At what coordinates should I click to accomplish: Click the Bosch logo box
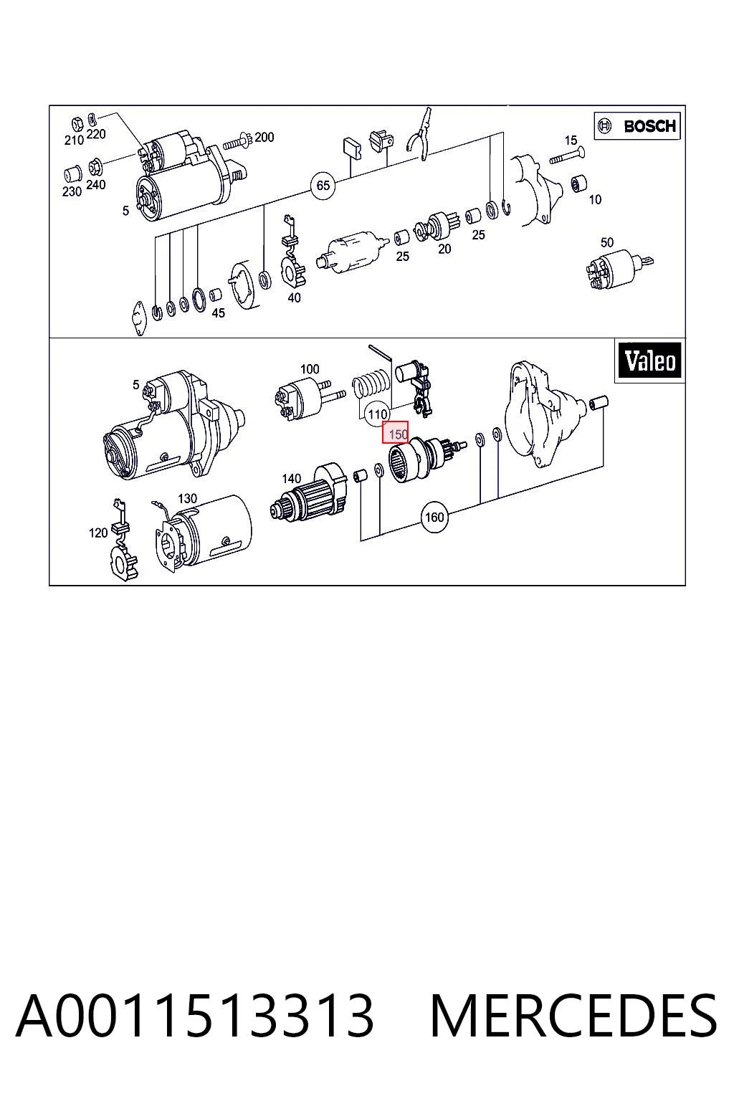pyautogui.click(x=637, y=126)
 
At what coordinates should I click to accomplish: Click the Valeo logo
pyautogui.click(x=650, y=361)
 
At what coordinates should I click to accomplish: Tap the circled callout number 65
pyautogui.click(x=323, y=186)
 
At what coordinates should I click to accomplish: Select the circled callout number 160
pyautogui.click(x=434, y=517)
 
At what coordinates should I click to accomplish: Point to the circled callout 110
pyautogui.click(x=377, y=414)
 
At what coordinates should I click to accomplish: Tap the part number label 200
pyautogui.click(x=264, y=137)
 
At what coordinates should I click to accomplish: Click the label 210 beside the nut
pyautogui.click(x=74, y=140)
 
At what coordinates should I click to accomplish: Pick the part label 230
pyautogui.click(x=72, y=191)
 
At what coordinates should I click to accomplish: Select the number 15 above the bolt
pyautogui.click(x=571, y=140)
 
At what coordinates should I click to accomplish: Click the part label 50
pyautogui.click(x=606, y=242)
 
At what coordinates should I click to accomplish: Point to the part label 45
pyautogui.click(x=219, y=313)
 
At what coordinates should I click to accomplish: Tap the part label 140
pyautogui.click(x=291, y=478)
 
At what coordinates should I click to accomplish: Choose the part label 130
pyautogui.click(x=187, y=498)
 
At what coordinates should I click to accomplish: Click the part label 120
pyautogui.click(x=97, y=533)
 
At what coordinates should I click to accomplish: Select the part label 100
pyautogui.click(x=310, y=368)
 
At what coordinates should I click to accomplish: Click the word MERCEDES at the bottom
pyautogui.click(x=573, y=1016)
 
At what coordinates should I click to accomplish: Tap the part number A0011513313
pyautogui.click(x=195, y=1016)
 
